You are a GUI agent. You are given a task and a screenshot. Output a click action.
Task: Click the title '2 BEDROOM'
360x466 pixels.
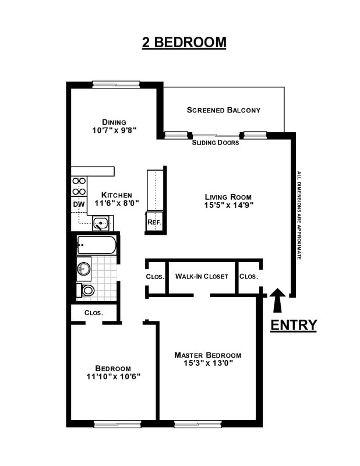(x=184, y=42)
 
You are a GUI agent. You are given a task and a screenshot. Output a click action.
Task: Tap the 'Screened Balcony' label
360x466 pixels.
(x=223, y=110)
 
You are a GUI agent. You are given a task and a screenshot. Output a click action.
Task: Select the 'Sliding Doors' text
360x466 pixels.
(x=215, y=142)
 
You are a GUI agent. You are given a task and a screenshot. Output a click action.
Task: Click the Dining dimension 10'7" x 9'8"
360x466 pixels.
(x=114, y=131)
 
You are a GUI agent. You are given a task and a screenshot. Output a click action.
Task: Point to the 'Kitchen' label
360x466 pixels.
(x=117, y=195)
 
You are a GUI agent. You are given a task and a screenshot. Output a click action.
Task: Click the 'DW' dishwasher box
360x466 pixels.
(x=78, y=204)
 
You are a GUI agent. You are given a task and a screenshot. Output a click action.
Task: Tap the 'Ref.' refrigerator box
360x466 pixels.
(x=154, y=222)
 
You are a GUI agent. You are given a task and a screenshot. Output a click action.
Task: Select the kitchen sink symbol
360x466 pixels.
(x=101, y=223)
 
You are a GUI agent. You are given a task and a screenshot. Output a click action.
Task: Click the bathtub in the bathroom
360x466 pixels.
(x=97, y=245)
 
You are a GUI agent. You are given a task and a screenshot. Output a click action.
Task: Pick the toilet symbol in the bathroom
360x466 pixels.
(x=86, y=290)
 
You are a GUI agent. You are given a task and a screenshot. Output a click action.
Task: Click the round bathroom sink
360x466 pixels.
(x=84, y=269)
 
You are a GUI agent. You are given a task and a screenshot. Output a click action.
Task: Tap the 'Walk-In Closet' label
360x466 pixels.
(x=202, y=276)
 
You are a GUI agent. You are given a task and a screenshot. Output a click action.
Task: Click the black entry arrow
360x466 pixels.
(x=278, y=301)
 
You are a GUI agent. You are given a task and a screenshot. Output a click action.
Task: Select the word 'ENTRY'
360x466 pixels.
(x=294, y=325)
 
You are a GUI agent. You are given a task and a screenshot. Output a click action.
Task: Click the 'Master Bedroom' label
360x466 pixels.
(x=207, y=355)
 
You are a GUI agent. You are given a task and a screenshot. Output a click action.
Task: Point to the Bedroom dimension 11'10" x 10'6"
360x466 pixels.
(x=114, y=376)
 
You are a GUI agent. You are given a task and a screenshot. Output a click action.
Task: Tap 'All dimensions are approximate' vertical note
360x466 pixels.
(x=299, y=216)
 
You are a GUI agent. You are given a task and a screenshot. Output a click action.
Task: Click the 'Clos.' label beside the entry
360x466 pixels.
(x=248, y=276)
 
